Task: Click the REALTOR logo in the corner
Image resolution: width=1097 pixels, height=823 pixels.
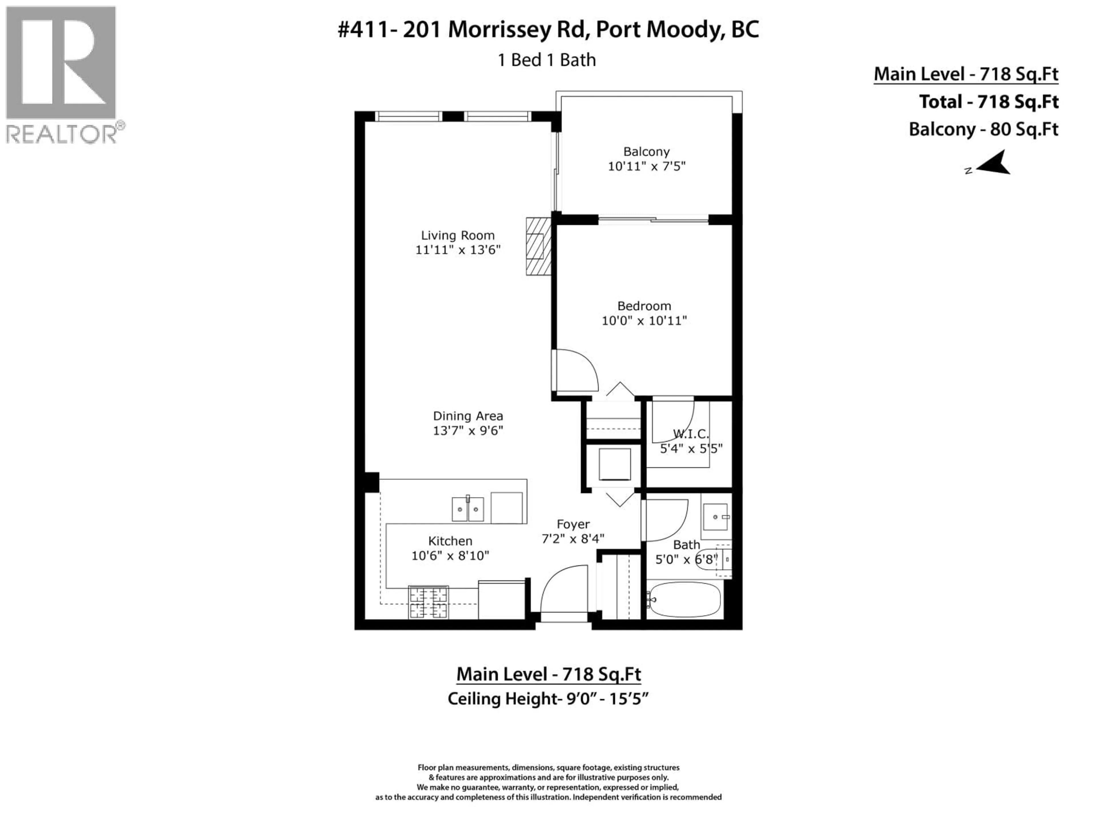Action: click(x=62, y=74)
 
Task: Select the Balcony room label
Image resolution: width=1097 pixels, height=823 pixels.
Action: click(x=646, y=151)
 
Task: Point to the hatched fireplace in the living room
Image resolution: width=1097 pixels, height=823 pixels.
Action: click(x=538, y=247)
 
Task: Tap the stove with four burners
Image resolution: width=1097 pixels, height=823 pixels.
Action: click(x=428, y=602)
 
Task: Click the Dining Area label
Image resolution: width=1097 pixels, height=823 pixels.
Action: click(x=468, y=416)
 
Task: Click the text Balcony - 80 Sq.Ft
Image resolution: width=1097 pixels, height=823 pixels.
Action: click(x=983, y=129)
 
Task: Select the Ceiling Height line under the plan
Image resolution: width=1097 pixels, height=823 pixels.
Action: click(x=548, y=699)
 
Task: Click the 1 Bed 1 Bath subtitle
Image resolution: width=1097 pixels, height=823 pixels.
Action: click(x=547, y=60)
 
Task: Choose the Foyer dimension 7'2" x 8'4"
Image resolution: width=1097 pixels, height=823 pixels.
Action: click(x=573, y=539)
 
